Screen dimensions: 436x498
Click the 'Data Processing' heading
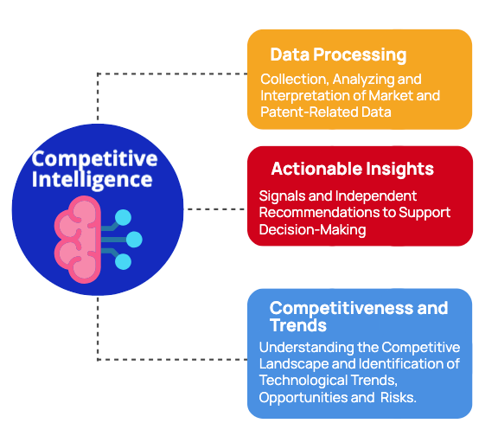(338, 54)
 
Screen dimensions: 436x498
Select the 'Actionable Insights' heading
(352, 168)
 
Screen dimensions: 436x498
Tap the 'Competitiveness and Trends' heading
(358, 316)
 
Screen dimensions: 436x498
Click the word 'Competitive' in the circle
(95, 159)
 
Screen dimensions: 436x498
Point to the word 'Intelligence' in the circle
(93, 180)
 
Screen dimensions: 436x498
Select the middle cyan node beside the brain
(134, 240)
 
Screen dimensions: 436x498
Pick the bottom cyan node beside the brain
(123, 260)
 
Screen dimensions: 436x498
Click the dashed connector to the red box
(215, 208)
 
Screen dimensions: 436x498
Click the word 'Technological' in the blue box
(302, 381)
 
